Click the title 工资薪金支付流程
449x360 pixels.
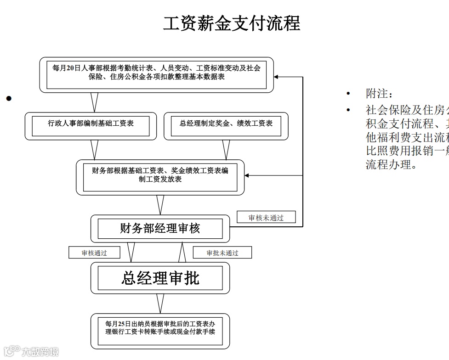point(232,23)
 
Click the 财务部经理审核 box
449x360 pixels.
point(160,228)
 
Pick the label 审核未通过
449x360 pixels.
point(266,218)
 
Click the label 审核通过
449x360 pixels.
point(94,253)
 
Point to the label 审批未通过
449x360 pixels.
point(222,253)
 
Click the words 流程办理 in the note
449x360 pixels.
point(386,164)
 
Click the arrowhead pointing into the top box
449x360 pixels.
point(277,77)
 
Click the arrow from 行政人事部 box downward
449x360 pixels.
point(95,149)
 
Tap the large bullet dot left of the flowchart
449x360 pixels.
point(8,98)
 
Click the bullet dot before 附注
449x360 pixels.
point(349,95)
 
